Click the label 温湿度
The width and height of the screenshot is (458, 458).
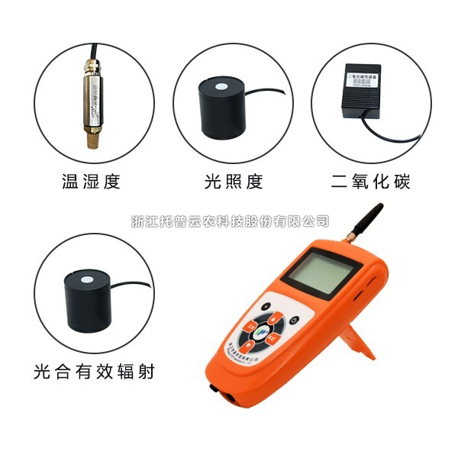pos(91,182)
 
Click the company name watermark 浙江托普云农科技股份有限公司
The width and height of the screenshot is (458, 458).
pos(230,221)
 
